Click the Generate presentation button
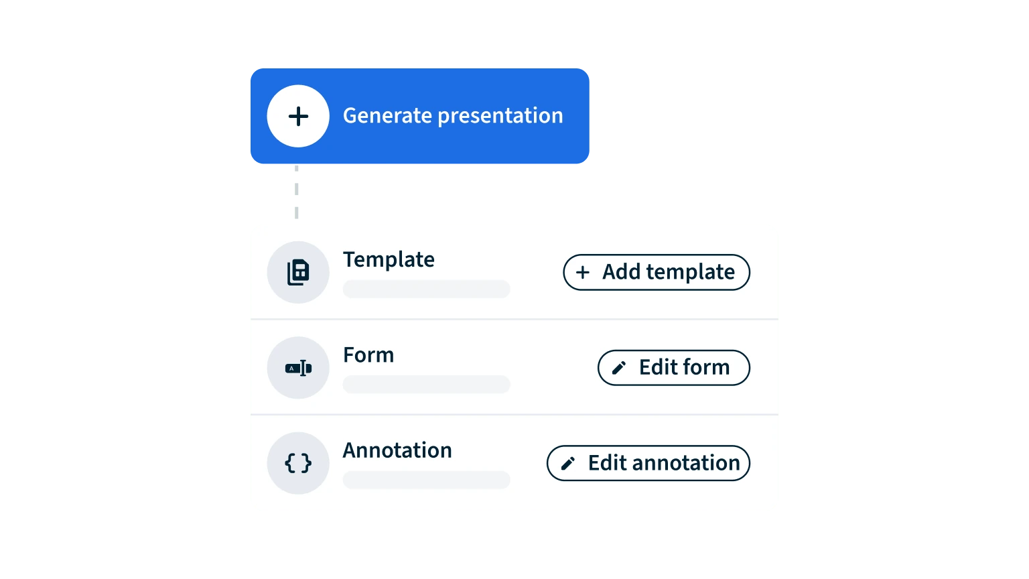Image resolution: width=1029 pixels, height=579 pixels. click(x=419, y=116)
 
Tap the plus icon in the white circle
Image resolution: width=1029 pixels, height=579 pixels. click(x=298, y=116)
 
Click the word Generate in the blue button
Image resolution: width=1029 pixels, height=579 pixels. click(x=387, y=115)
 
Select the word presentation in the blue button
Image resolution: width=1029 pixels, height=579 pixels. click(x=500, y=116)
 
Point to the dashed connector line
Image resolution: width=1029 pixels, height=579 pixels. click(x=296, y=192)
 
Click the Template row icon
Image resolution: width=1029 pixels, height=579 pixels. click(x=298, y=272)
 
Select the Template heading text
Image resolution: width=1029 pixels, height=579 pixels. click(x=389, y=259)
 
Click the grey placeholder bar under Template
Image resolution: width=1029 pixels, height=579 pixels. click(x=426, y=289)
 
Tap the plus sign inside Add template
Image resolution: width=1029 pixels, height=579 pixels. click(x=582, y=273)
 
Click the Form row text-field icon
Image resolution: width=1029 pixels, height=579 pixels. click(x=298, y=368)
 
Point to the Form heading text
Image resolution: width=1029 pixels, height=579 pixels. click(x=368, y=355)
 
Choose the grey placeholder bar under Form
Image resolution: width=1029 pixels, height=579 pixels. click(x=426, y=384)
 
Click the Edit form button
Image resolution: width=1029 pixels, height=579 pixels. click(x=673, y=368)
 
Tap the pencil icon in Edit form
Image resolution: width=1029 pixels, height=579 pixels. click(x=619, y=368)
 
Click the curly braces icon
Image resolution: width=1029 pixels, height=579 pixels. click(x=298, y=463)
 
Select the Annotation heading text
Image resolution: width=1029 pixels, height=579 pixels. click(x=397, y=450)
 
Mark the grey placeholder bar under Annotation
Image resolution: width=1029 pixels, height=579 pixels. click(x=426, y=480)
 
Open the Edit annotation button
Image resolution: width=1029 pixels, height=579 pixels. click(x=648, y=463)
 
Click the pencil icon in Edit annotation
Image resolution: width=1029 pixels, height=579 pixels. click(x=568, y=463)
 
